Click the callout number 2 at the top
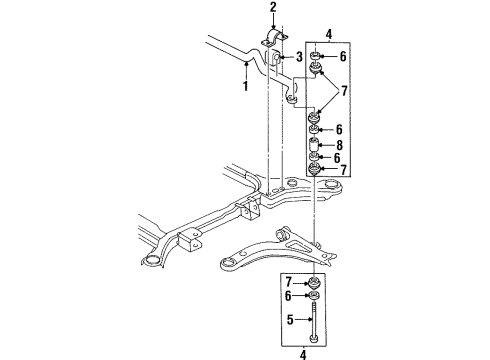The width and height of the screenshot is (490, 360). click(x=271, y=8)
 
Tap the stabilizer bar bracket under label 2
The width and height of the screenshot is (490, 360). click(x=272, y=38)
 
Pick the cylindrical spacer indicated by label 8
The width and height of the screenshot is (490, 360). click(x=316, y=143)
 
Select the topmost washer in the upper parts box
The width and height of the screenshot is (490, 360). click(x=317, y=54)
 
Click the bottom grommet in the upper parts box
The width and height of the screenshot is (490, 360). click(x=316, y=168)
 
